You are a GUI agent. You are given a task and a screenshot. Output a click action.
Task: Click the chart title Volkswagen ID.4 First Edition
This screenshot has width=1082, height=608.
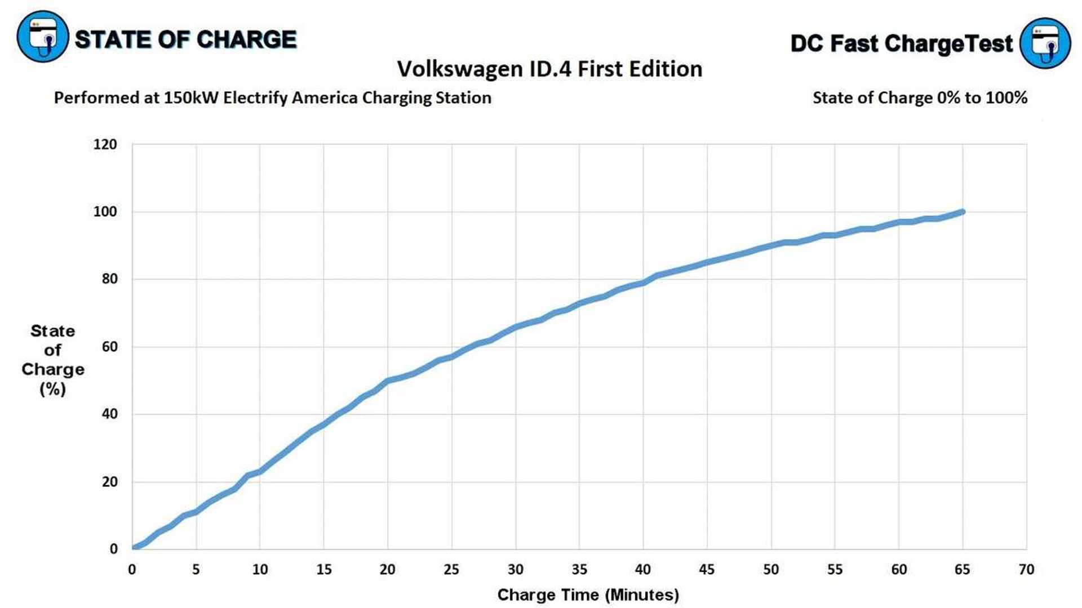(x=549, y=69)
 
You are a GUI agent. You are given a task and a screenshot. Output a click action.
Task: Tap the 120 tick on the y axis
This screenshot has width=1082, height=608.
(x=105, y=145)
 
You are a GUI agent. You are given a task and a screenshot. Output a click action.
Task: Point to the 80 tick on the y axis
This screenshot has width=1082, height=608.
(x=109, y=279)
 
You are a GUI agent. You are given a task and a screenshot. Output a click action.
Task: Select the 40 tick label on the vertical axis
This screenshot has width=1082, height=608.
(x=109, y=414)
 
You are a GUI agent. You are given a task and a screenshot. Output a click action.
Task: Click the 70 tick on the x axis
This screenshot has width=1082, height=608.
(x=1026, y=570)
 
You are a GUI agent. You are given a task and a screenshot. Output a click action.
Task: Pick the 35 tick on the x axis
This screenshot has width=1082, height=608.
(x=579, y=570)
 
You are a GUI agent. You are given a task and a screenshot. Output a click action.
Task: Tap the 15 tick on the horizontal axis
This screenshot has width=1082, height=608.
(x=323, y=570)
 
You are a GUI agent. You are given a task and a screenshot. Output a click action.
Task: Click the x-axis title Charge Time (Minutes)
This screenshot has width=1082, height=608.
(x=588, y=595)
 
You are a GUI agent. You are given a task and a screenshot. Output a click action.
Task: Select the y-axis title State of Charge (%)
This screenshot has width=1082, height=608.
(x=52, y=360)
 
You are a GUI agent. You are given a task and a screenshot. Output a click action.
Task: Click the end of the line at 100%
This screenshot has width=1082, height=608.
(x=963, y=212)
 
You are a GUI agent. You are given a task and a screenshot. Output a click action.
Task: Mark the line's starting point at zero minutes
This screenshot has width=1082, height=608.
(x=134, y=547)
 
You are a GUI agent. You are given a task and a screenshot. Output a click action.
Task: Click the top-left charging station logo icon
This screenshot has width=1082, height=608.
(x=43, y=37)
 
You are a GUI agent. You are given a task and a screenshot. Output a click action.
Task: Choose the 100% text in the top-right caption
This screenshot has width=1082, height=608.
(x=1006, y=98)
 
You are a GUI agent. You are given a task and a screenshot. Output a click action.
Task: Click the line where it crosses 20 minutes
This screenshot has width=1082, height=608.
(x=388, y=381)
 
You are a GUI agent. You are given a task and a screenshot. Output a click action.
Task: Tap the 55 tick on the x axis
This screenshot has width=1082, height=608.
(x=835, y=570)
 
